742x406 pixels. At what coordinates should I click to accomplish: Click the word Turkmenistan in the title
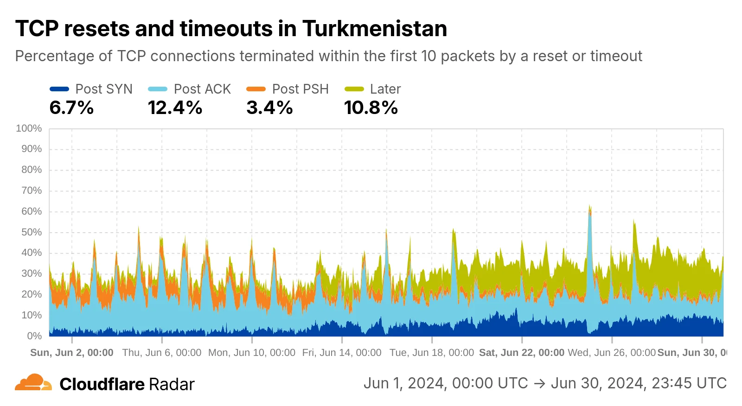click(x=375, y=29)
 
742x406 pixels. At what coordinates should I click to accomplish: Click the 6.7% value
click(x=71, y=108)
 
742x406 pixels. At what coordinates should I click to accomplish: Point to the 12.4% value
click(x=175, y=108)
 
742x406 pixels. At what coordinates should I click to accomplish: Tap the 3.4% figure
click(x=269, y=108)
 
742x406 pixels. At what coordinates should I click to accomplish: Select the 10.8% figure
click(x=371, y=108)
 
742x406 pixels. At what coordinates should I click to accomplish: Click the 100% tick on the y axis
click(x=29, y=128)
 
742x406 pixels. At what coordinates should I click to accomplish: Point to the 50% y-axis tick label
click(x=31, y=232)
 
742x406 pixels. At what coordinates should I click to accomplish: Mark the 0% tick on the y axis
click(x=34, y=336)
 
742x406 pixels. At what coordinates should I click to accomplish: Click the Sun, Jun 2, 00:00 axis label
click(x=72, y=353)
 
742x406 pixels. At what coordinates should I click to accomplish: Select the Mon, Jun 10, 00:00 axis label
click(x=251, y=353)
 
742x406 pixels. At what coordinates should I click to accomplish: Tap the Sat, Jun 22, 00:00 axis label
click(x=521, y=353)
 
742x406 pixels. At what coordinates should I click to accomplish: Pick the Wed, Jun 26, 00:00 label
click(x=611, y=353)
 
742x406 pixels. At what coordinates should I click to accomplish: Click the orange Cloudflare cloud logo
click(x=33, y=383)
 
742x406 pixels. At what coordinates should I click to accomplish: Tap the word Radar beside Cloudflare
click(x=172, y=384)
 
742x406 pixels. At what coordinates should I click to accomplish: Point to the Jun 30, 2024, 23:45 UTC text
click(x=638, y=383)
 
